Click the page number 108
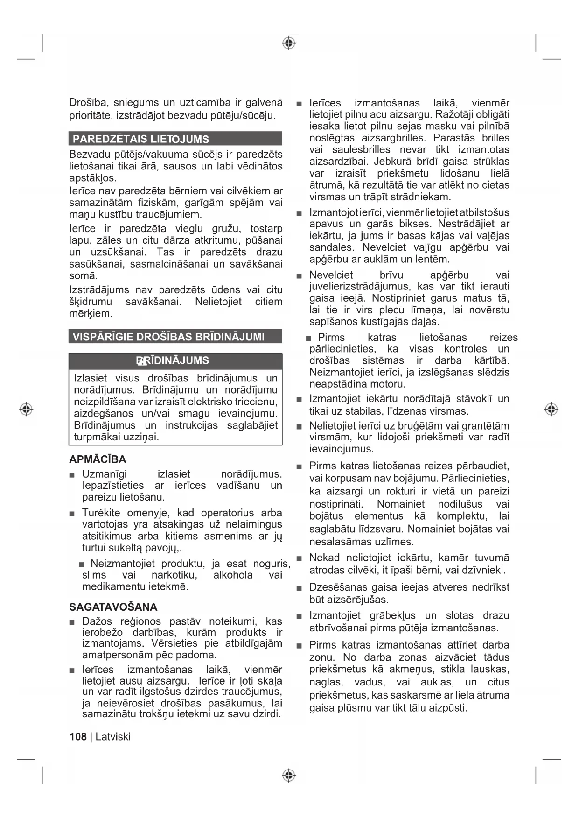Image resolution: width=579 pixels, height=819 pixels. tap(78, 736)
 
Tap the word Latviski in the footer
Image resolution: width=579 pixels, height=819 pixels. tap(113, 736)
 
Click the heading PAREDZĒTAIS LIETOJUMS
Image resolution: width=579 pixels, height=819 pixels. tap(140, 139)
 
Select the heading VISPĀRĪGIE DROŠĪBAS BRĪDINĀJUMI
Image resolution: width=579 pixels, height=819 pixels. tap(168, 337)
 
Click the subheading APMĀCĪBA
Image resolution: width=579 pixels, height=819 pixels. tap(98, 459)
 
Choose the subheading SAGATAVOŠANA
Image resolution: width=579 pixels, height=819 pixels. tap(113, 607)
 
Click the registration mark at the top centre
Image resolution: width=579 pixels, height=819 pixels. tap(289, 43)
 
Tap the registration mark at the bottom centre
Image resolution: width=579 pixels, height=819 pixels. tap(289, 776)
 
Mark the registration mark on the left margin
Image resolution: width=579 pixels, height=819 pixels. tap(27, 409)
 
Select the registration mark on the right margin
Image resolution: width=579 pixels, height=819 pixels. tap(551, 409)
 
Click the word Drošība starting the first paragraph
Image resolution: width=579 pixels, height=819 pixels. tap(88, 103)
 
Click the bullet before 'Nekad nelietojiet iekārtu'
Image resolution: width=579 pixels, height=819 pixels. tap(299, 558)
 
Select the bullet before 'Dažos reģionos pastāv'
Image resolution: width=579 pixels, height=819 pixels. tap(72, 622)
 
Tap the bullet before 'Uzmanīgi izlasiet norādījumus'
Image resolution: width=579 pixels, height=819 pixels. tap(72, 475)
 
